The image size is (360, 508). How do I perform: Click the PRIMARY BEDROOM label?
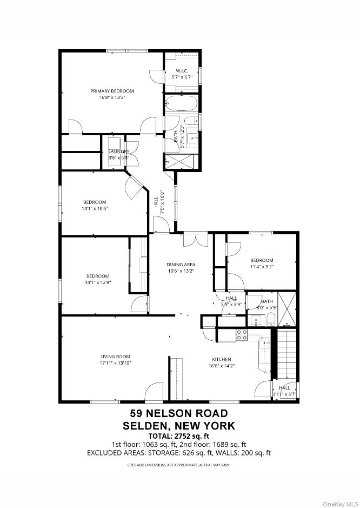pos(112,91)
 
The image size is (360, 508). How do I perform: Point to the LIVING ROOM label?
pos(116,356)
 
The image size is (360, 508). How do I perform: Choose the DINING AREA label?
pos(180,265)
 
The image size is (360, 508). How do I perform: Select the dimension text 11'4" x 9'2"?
pos(261,267)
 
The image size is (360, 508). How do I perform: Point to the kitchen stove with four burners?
pos(242,335)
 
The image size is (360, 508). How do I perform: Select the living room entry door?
pos(154,392)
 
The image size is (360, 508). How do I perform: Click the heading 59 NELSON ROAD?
pos(179,414)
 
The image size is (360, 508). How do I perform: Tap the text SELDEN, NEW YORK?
pos(179,426)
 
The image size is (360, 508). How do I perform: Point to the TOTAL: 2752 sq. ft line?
pos(179,436)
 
